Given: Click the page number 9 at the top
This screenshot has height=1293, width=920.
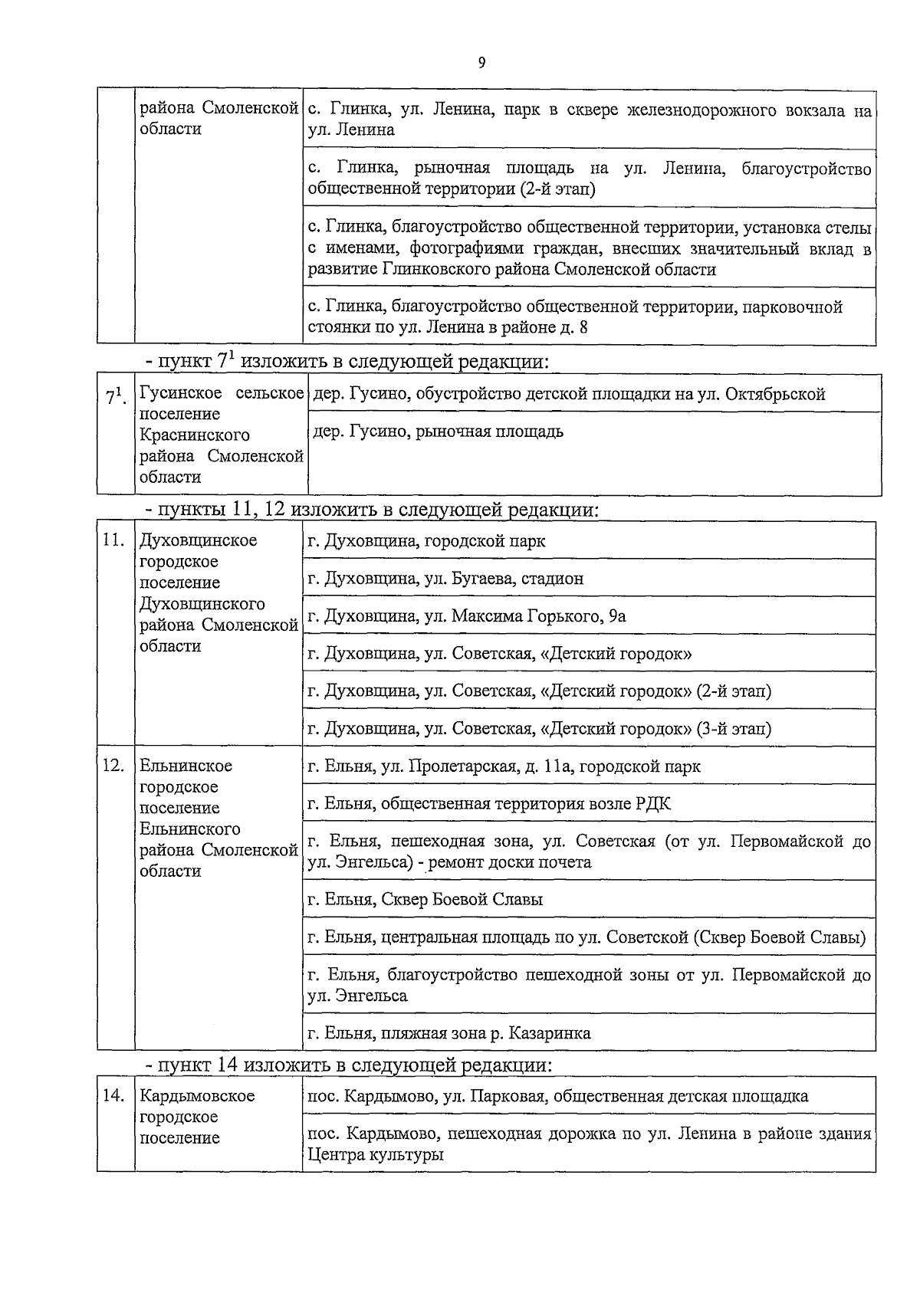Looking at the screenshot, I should [x=481, y=64].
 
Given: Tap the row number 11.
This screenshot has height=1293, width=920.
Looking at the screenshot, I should [x=113, y=540].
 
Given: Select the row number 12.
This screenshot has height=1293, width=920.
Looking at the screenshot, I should [x=113, y=766].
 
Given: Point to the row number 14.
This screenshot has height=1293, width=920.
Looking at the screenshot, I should [x=113, y=1096].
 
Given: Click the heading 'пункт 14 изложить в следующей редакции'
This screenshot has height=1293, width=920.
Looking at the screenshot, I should [x=350, y=1065].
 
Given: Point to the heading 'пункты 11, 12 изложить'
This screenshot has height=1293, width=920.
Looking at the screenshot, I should [x=373, y=510].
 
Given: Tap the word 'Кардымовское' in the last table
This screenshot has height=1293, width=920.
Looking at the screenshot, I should [x=197, y=1096].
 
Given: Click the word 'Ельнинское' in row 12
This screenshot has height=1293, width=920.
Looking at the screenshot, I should [x=186, y=766].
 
